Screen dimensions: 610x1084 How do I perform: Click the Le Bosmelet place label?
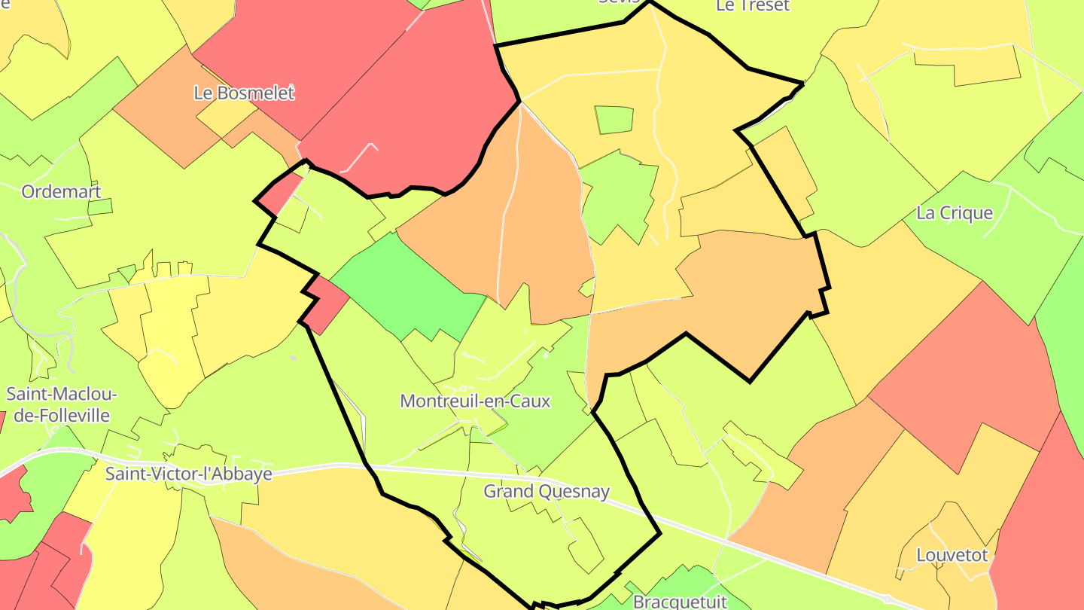pyautogui.click(x=244, y=93)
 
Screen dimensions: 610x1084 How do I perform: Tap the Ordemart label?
pyautogui.click(x=61, y=191)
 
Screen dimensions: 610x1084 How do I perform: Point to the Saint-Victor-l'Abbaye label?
pyautogui.click(x=188, y=474)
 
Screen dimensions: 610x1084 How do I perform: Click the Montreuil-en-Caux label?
pyautogui.click(x=475, y=401)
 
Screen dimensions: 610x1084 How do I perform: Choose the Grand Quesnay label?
pyautogui.click(x=546, y=492)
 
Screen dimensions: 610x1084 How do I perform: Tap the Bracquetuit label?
pyautogui.click(x=680, y=602)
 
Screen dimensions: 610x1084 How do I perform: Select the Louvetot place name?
pyautogui.click(x=952, y=556)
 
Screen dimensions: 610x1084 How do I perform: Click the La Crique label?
pyautogui.click(x=955, y=213)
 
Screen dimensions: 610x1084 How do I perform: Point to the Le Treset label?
pyautogui.click(x=752, y=6)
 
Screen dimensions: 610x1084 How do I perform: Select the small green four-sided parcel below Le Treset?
pyautogui.click(x=614, y=120)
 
